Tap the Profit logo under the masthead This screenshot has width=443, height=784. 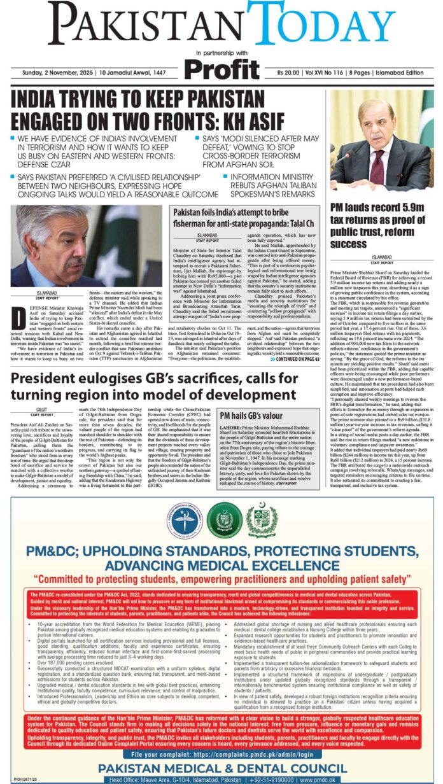(x=221, y=66)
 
